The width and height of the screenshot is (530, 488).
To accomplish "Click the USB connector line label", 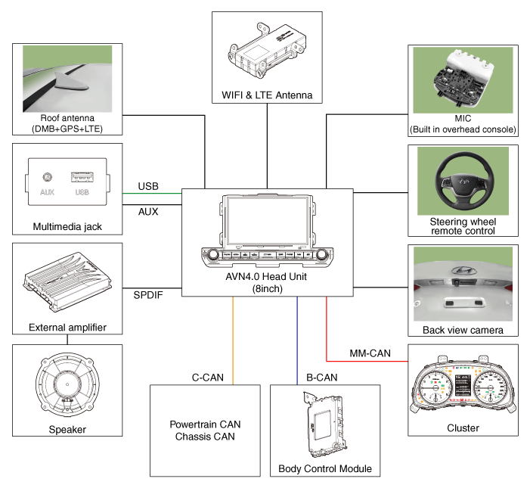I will (148, 187).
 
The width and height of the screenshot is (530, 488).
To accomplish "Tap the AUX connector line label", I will (148, 212).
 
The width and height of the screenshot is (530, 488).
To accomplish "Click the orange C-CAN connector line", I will (233, 340).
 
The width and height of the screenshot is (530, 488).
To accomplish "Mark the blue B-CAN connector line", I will (297, 340).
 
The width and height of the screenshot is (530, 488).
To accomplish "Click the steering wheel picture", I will (463, 182).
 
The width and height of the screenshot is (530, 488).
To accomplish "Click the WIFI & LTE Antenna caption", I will (267, 95).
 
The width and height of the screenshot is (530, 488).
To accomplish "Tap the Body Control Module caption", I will (325, 469).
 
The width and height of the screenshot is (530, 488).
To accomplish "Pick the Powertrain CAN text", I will (205, 424).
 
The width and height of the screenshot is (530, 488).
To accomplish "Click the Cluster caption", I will (463, 428).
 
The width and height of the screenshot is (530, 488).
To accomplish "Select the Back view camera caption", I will (463, 331).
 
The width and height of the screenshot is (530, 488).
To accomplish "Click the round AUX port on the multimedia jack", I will (46, 178).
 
